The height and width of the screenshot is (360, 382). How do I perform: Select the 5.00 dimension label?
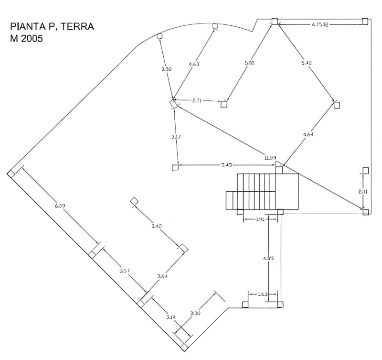[249, 63]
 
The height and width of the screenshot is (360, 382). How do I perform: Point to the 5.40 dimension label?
[307, 63]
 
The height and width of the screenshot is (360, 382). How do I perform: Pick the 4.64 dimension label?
[308, 135]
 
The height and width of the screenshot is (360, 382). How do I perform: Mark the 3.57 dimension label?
[125, 272]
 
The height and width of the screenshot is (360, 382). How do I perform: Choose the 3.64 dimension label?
[162, 276]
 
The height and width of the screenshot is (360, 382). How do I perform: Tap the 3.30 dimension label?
[195, 314]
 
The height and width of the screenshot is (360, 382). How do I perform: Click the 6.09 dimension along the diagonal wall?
[60, 206]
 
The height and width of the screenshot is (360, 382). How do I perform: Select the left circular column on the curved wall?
[159, 35]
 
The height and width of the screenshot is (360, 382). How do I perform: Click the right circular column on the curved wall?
[215, 26]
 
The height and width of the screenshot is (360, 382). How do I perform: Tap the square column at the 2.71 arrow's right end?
[224, 104]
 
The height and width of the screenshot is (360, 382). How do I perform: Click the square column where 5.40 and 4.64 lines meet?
[337, 104]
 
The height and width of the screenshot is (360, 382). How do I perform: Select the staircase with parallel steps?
[262, 192]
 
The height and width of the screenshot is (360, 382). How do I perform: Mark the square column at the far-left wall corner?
[11, 174]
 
